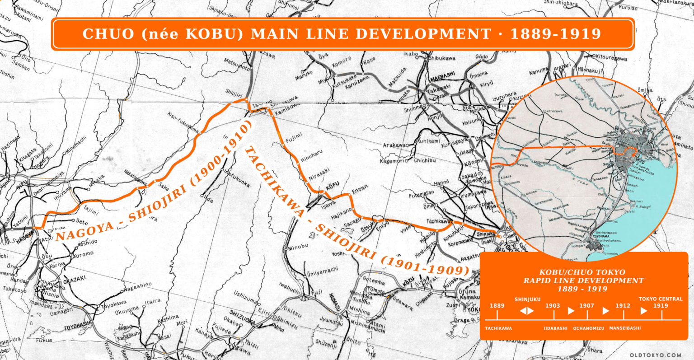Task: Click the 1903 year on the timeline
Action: point(552,306)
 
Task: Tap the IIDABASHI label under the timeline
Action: point(555,328)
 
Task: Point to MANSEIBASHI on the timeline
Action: point(624,328)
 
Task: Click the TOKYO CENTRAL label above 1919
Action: point(660,299)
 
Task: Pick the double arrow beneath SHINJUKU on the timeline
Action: point(527,311)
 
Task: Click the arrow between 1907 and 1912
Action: point(606,311)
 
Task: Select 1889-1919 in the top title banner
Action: point(556,34)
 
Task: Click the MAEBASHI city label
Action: point(441,76)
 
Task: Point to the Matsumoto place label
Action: point(236,65)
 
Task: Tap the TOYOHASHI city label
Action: point(77,327)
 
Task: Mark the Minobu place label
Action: point(298,248)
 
